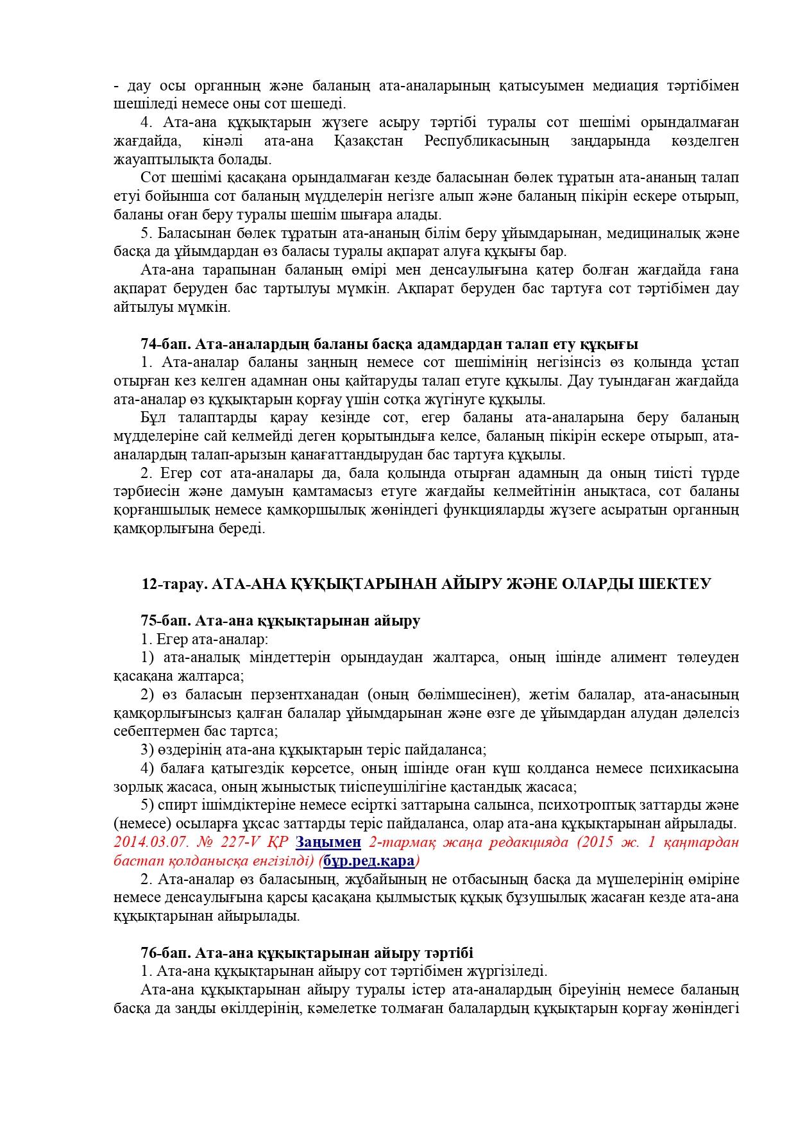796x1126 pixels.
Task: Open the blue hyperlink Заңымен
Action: [x=337, y=842]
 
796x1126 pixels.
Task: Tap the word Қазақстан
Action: [x=369, y=141]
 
